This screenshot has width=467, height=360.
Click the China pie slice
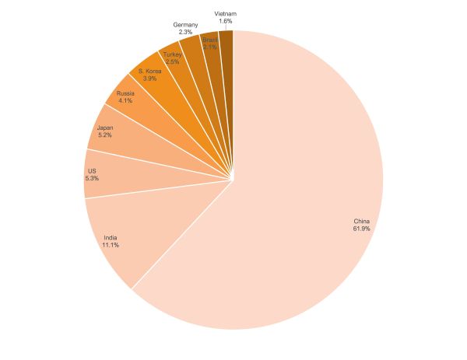tap(311, 194)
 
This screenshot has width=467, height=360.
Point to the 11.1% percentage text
tap(111, 245)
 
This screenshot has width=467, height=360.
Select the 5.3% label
tap(93, 178)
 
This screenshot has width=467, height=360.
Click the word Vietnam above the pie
tap(226, 13)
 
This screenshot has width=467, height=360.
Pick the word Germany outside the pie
tap(185, 25)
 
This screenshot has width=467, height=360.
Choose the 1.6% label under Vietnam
tap(226, 21)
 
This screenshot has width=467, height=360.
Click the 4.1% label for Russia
tap(125, 100)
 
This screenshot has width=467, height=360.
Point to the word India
tap(111, 237)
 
